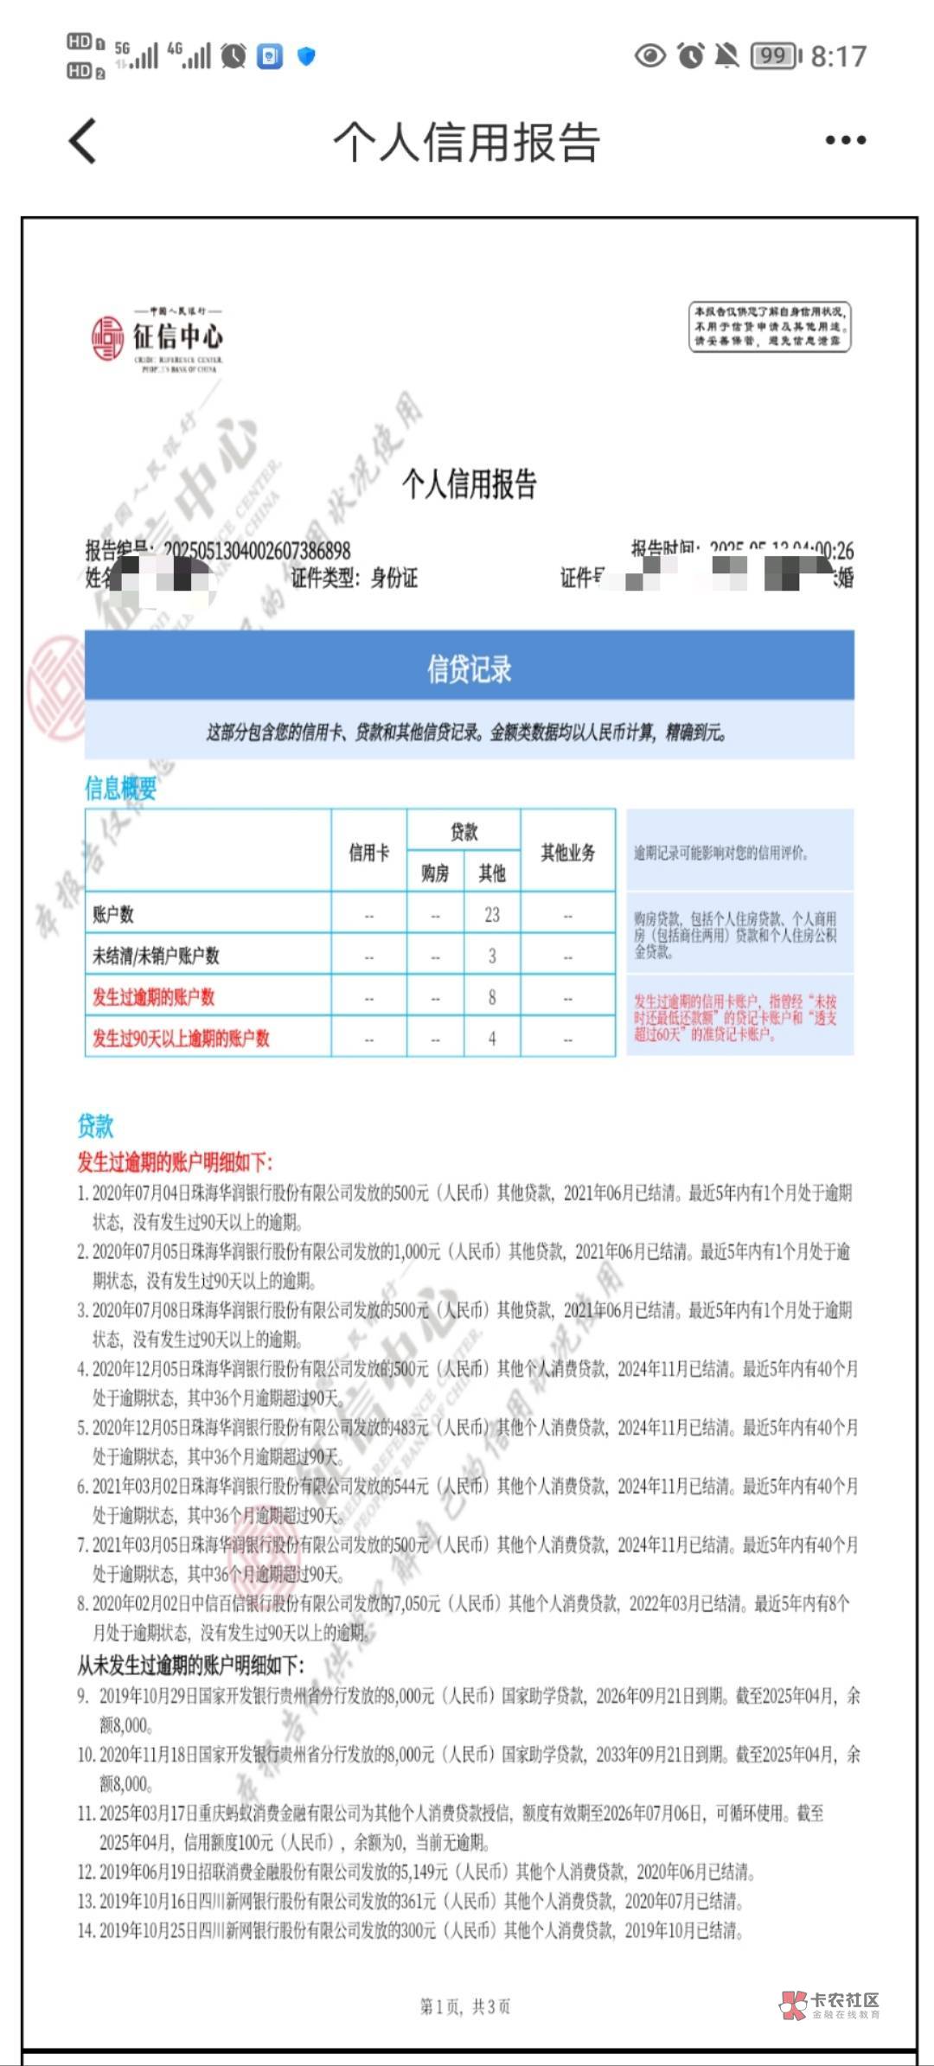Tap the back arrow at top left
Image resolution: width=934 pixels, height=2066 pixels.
(83, 141)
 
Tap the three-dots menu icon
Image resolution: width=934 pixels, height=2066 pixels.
(845, 140)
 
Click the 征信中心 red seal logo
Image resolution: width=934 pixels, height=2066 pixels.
(108, 338)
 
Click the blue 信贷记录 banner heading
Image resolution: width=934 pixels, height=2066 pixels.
(469, 668)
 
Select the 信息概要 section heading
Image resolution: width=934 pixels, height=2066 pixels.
(120, 788)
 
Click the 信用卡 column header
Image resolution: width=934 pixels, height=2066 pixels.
(369, 853)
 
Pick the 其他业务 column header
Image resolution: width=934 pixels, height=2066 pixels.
(568, 853)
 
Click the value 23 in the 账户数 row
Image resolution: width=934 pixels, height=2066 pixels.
(492, 914)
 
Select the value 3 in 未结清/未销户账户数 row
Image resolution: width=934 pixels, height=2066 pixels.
(492, 956)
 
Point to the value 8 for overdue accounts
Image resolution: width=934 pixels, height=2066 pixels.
(492, 997)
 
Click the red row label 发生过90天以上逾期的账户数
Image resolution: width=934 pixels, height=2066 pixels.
(182, 1038)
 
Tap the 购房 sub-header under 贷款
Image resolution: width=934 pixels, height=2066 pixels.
(435, 873)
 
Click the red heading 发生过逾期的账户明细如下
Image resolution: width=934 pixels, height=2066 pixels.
(175, 1161)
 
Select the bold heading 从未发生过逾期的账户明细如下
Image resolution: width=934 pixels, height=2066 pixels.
(190, 1665)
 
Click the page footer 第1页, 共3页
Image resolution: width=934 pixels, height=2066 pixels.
(465, 2006)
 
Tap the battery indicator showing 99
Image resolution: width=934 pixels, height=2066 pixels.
(775, 56)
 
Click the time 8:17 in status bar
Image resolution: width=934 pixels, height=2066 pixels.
(838, 56)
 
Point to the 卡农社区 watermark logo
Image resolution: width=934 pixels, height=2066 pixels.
(830, 2005)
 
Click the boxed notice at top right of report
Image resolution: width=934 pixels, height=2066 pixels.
(769, 326)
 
